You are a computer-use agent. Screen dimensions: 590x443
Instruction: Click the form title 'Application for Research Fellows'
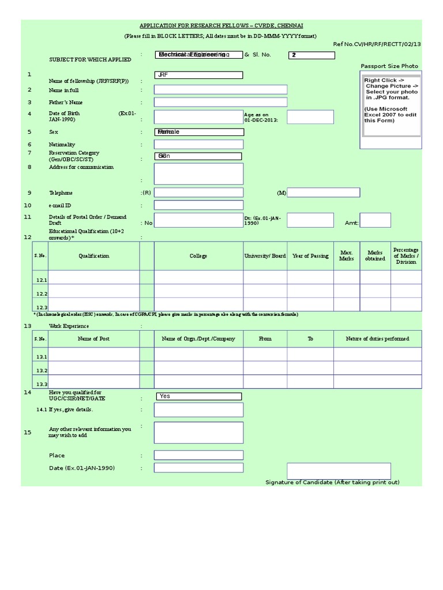pos(221,26)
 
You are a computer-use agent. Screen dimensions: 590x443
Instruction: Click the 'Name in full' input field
pos(220,89)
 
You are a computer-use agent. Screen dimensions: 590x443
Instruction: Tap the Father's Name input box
pos(220,102)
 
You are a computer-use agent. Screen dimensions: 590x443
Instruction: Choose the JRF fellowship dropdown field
pos(198,75)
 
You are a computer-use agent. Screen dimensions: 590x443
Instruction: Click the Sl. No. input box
pos(311,55)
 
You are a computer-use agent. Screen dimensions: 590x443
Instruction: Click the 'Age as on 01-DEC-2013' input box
pos(310,117)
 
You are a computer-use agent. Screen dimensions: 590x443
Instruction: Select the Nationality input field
pos(198,144)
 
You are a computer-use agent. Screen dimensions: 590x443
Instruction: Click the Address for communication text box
pos(198,173)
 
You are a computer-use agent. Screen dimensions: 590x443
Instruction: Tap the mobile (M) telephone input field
pos(323,192)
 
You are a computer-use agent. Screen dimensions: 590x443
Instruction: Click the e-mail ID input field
pos(198,205)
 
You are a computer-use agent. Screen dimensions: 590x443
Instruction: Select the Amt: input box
pos(375,220)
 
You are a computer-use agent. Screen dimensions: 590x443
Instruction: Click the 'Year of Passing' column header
pos(310,256)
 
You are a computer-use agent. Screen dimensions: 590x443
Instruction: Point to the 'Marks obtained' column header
pos(375,256)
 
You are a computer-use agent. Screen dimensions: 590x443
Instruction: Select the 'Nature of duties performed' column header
pos(377,339)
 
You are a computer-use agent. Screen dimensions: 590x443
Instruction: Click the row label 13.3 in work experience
pos(41,384)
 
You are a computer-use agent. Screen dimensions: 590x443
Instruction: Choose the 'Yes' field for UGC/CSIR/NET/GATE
pos(198,396)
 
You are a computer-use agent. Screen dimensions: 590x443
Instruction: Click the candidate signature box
pos(339,471)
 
